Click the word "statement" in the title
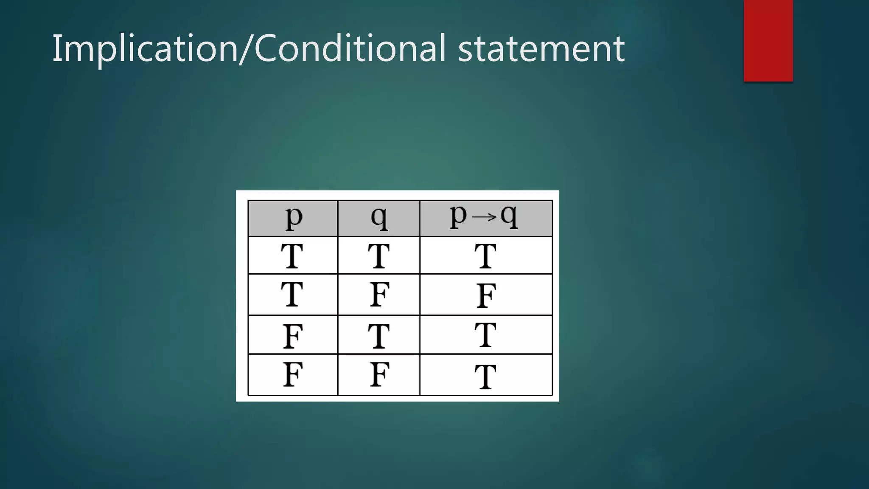[x=541, y=49]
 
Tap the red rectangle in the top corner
[x=768, y=40]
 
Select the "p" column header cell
[x=293, y=218]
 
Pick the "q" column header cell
[x=379, y=218]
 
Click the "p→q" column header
[x=486, y=218]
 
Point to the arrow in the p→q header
[x=484, y=217]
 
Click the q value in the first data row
[x=378, y=256]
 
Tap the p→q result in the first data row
[x=485, y=256]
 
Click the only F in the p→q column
[x=486, y=295]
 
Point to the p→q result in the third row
[x=485, y=335]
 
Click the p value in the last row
[x=293, y=374]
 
